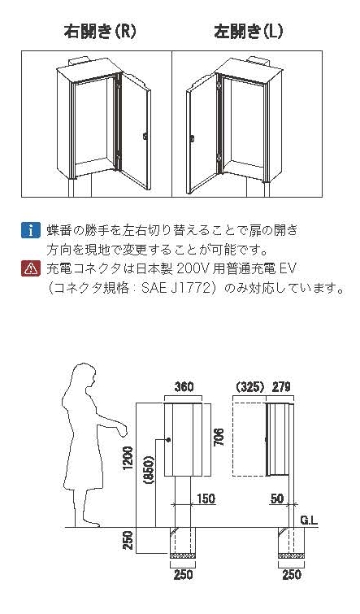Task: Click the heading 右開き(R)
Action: pos(101,32)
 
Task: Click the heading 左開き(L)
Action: pos(249,32)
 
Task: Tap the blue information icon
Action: pos(31,230)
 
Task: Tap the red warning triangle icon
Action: pos(31,268)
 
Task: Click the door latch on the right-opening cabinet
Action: pos(145,137)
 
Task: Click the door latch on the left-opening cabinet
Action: pos(192,137)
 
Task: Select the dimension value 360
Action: pos(184,387)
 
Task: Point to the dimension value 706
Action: pos(219,438)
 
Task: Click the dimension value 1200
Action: pos(130,458)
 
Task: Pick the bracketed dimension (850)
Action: pos(150,470)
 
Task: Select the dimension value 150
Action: pos(206,499)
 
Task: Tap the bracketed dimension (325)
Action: pos(251,387)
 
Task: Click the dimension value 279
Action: pos(281,387)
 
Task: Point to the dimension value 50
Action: pos(277,499)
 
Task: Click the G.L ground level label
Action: pos(310,520)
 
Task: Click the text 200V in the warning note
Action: pos(193,268)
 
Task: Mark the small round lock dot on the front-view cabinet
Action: pos(169,439)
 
